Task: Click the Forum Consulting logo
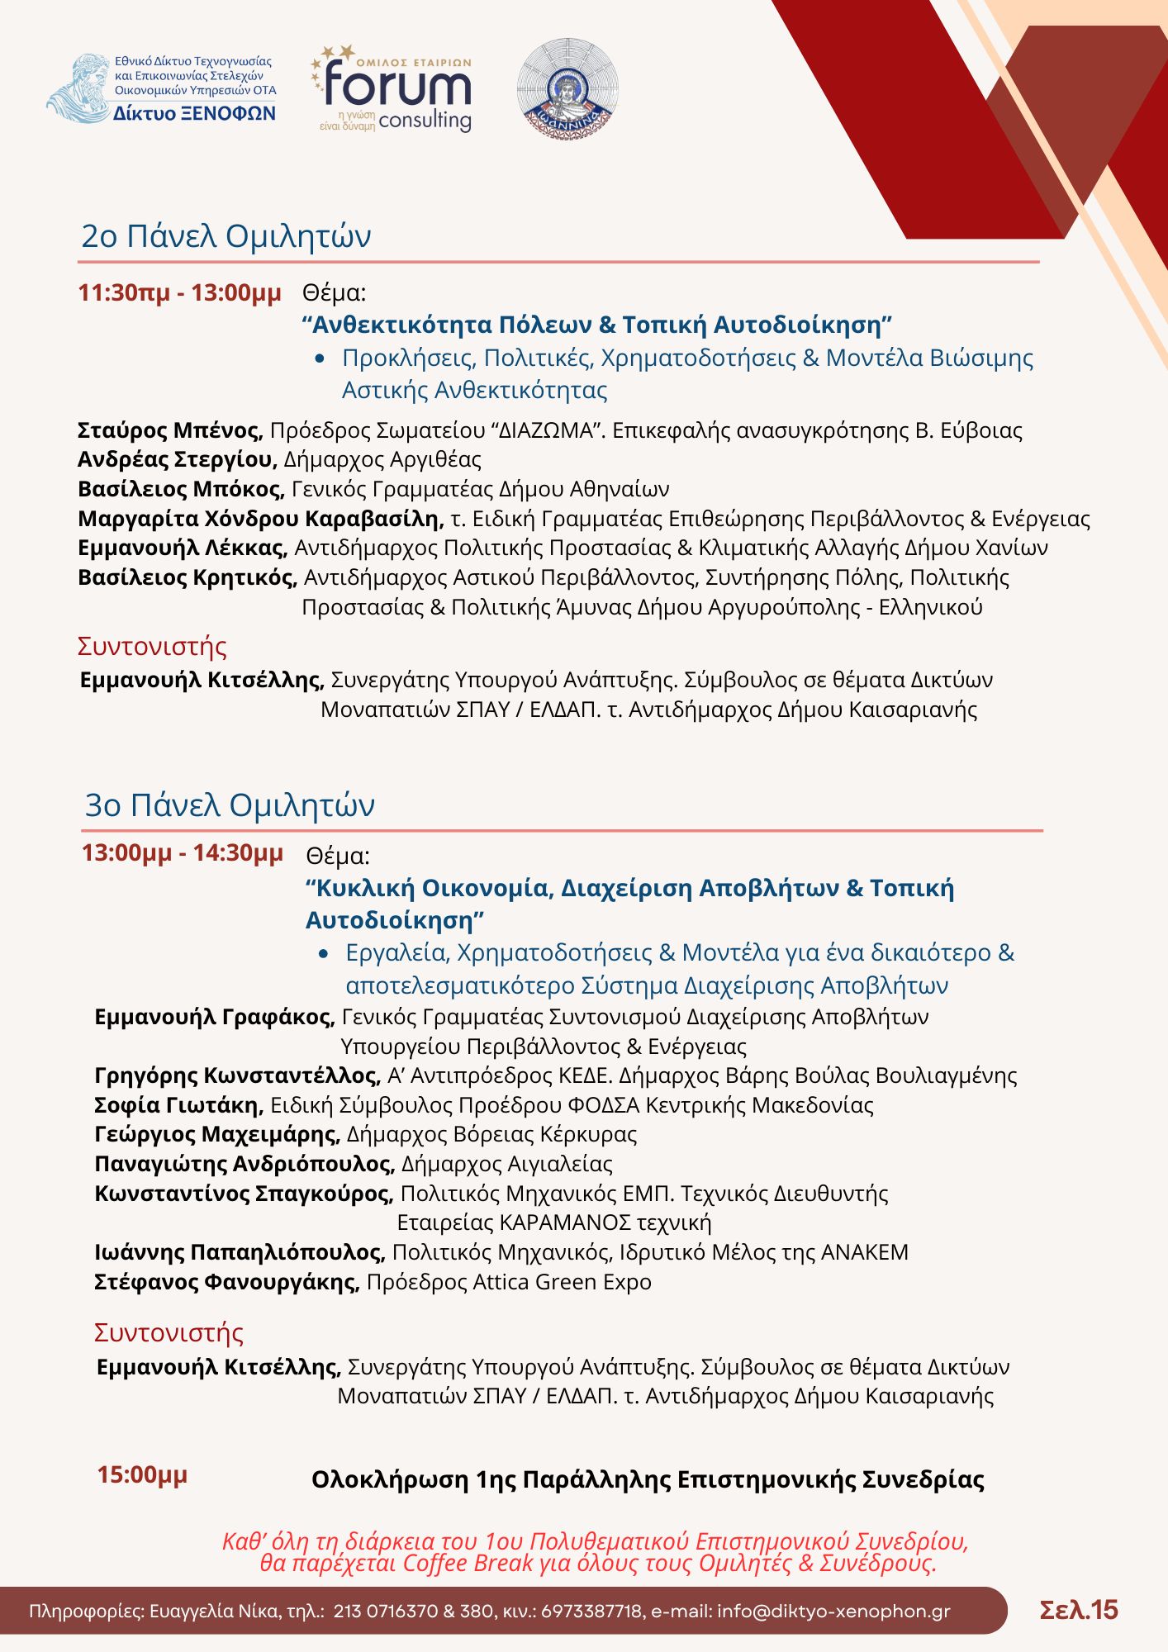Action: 392,89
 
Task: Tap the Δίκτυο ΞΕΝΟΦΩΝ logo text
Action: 194,114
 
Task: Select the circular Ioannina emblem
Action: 567,87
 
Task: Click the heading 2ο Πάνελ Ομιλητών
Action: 226,236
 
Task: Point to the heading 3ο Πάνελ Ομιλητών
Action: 230,805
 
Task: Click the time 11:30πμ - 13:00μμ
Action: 179,292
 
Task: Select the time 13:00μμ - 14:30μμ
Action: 182,852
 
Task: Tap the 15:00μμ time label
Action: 142,1474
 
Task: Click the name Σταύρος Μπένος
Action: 169,430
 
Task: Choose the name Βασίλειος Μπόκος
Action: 181,489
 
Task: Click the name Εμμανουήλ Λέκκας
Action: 183,548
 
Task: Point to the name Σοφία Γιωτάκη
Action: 178,1105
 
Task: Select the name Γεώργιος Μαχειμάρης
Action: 217,1134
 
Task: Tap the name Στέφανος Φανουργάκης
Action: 226,1282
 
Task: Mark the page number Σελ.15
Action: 1078,1610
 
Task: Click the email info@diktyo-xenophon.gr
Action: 833,1612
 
